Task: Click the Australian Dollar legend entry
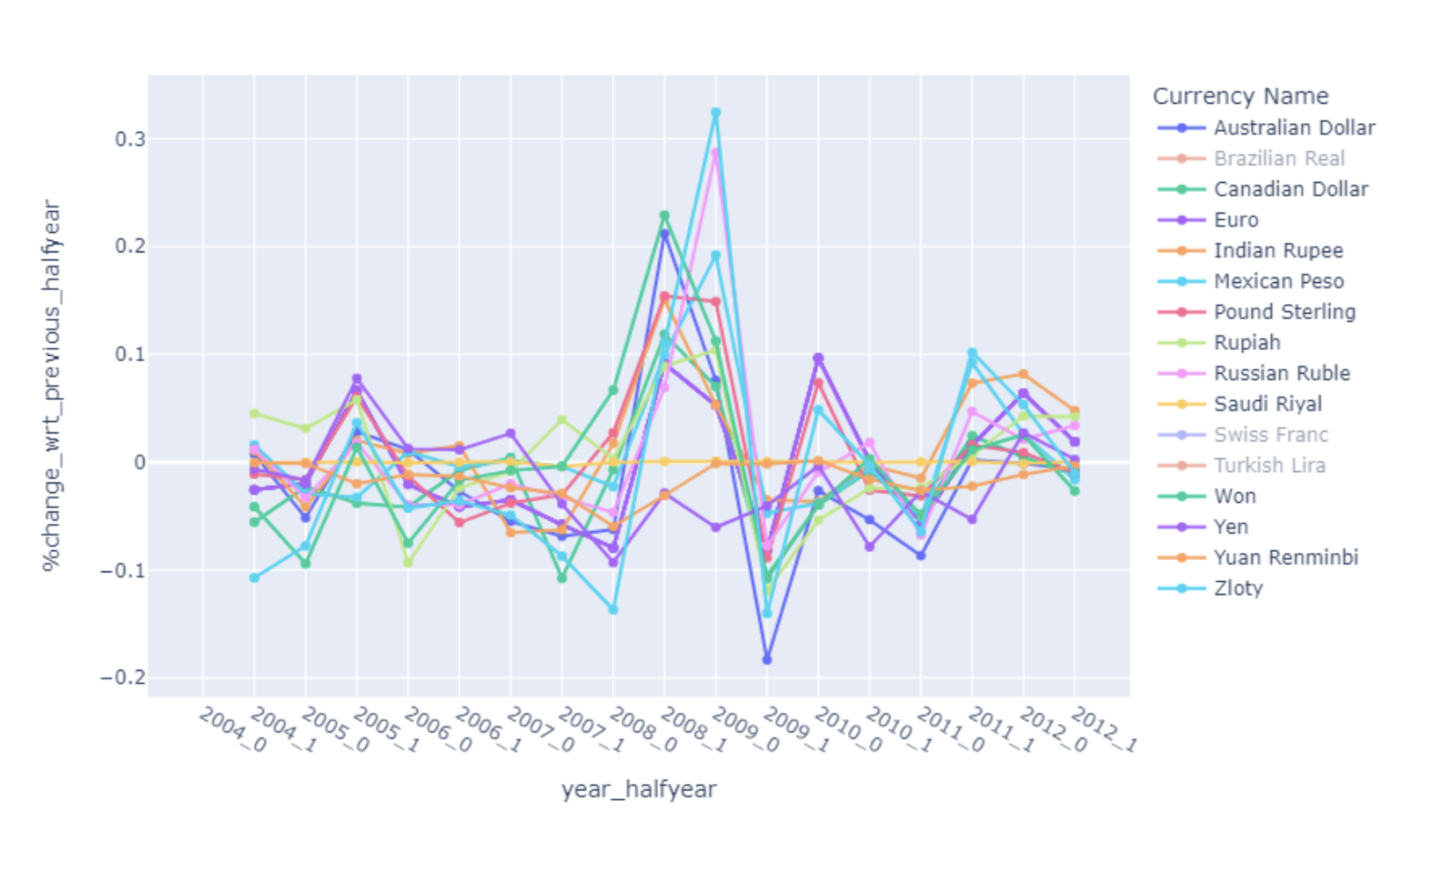(1293, 128)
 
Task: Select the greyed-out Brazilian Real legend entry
(1278, 159)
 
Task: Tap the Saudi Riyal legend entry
(1267, 404)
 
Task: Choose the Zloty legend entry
(1238, 589)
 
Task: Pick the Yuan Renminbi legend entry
(1285, 558)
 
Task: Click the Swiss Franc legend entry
(1270, 435)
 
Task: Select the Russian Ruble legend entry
(1281, 374)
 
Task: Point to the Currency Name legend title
(1239, 97)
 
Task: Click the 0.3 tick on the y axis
(129, 140)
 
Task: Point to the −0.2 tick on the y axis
(123, 678)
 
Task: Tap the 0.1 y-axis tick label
(129, 355)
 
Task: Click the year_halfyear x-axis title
(639, 789)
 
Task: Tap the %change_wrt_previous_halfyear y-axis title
(52, 385)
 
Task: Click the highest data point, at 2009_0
(715, 113)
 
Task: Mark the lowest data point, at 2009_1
(767, 659)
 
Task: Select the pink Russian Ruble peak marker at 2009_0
(715, 153)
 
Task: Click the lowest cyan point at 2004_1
(254, 578)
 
